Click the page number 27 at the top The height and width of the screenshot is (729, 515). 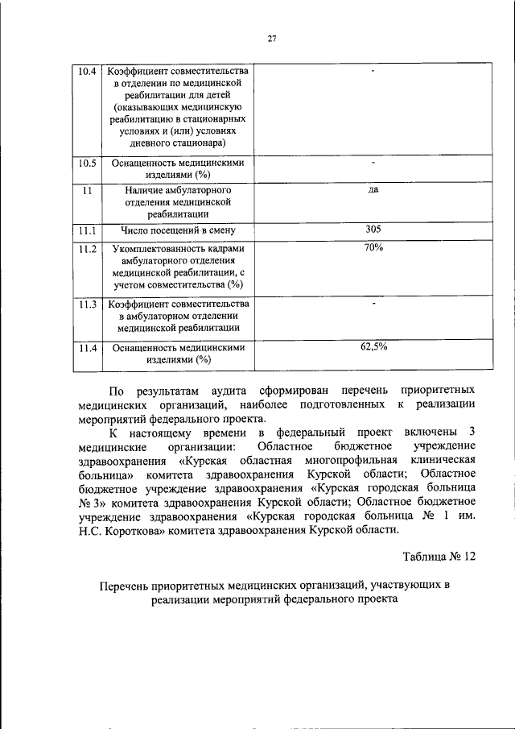point(271,35)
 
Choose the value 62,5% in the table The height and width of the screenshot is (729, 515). point(373,347)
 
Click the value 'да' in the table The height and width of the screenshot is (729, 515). point(373,190)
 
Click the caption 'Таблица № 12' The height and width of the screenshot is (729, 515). point(439,555)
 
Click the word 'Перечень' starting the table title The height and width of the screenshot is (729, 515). point(127,586)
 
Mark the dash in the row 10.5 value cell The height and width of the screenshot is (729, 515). point(373,163)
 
